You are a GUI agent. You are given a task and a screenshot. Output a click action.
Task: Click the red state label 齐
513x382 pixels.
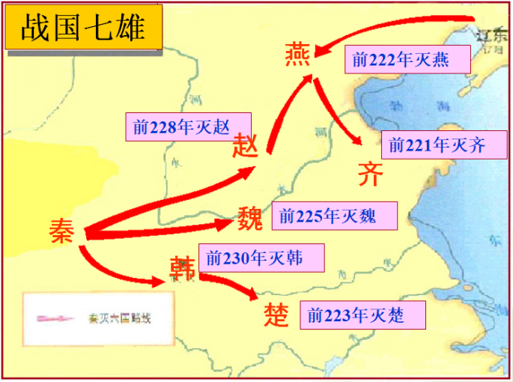[x=370, y=174]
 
